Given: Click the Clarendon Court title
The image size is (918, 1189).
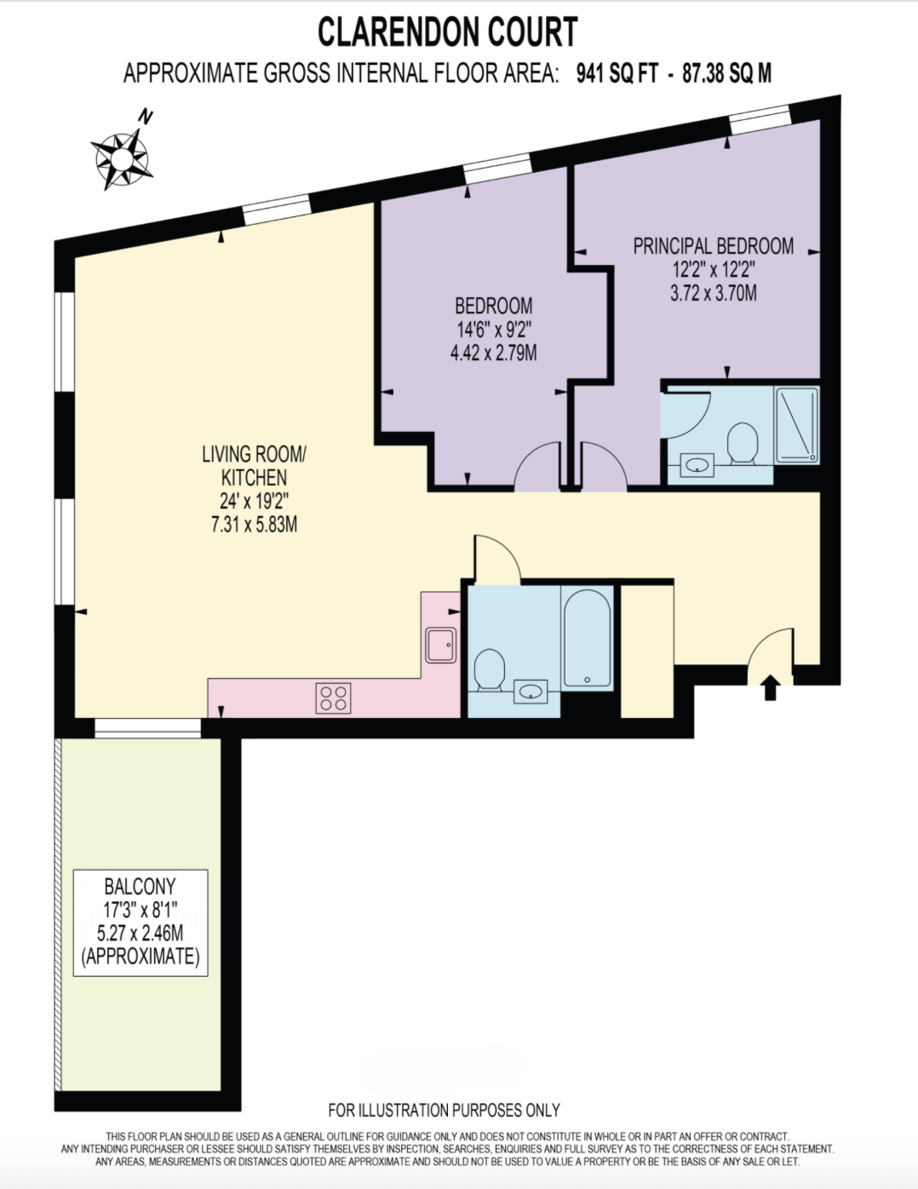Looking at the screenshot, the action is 448,32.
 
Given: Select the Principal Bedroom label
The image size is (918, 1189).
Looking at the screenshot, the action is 714,246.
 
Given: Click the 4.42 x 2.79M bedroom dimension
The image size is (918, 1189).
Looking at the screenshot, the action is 493,353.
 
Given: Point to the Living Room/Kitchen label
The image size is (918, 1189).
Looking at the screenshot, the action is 255,466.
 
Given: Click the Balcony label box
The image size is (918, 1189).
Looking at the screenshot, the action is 141,923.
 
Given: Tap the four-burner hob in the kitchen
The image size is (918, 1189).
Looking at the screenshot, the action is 333,698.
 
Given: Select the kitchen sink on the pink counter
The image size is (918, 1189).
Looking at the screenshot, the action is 441,645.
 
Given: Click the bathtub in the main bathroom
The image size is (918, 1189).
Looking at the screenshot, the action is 587,638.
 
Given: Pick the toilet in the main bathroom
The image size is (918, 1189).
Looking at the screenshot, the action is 489,669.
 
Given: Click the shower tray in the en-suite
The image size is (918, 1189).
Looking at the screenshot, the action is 796,425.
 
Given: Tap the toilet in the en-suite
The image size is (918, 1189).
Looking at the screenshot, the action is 743,443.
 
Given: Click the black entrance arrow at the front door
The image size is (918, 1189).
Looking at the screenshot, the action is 771,687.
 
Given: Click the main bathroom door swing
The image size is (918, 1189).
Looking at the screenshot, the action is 496,558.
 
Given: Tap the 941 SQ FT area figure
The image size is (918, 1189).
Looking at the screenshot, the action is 617,73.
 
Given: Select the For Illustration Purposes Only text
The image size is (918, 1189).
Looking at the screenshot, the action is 445,1110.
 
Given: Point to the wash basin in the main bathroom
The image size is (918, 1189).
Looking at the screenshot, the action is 531,692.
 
